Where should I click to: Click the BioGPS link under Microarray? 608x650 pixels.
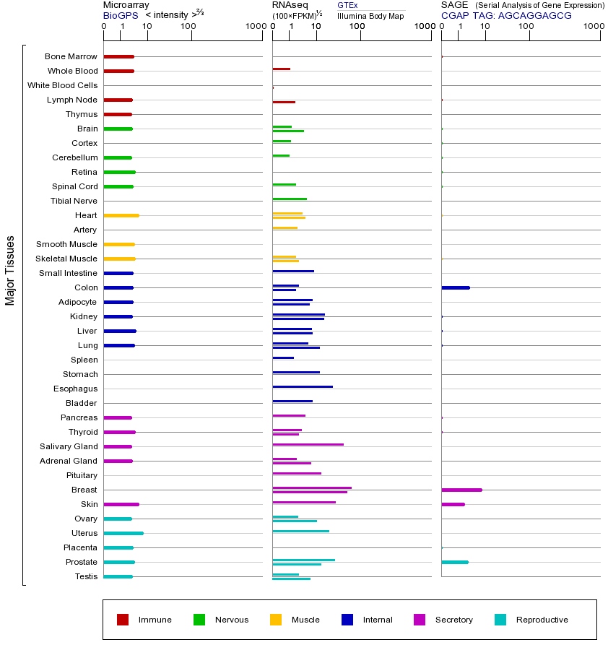118,15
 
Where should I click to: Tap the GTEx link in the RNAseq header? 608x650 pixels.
347,5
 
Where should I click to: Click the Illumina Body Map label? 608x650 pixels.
370,16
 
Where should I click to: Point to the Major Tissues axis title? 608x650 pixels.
10,270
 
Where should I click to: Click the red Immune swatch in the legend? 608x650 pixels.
123,620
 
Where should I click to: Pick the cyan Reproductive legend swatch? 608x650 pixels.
500,620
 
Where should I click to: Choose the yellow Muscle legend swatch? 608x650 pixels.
276,620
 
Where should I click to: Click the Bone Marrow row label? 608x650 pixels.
71,56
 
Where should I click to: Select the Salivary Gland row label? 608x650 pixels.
69,446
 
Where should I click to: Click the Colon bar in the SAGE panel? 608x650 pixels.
455,287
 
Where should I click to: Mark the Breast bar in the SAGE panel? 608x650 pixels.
461,490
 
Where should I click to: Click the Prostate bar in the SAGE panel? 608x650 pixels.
454,562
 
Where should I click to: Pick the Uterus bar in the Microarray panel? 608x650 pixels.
123,533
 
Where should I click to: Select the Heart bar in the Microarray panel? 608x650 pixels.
121,215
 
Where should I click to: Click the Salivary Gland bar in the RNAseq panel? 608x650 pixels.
308,444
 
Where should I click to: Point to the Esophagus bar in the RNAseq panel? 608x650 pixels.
303,386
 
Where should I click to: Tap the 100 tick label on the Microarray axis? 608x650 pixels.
188,27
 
